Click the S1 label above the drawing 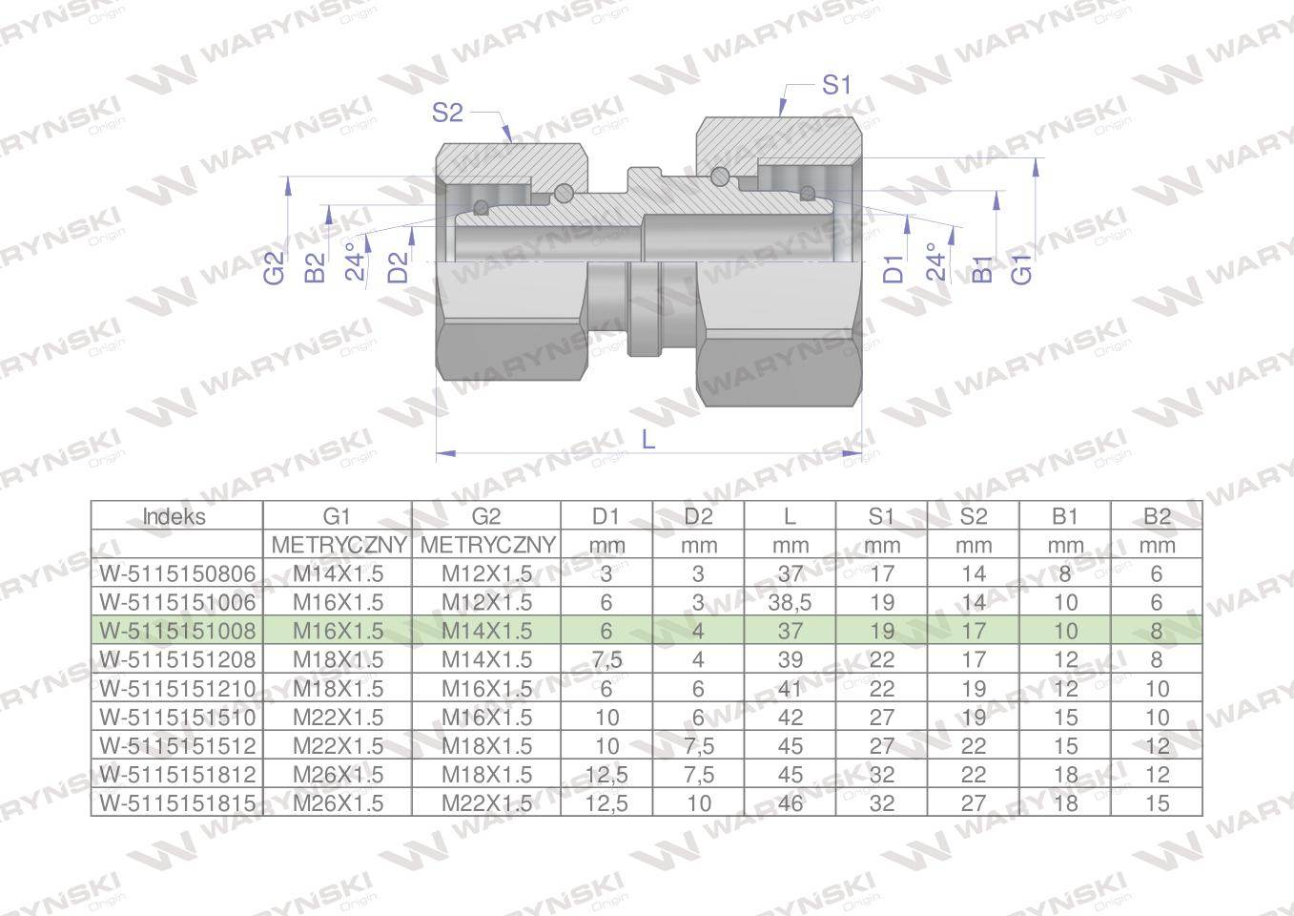click(835, 85)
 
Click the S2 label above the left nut click(446, 113)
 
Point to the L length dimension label click(648, 439)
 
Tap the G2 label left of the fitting click(275, 267)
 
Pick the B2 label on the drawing click(315, 268)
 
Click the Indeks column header click(175, 516)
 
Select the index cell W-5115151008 click(177, 631)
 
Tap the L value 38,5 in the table click(790, 602)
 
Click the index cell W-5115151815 click(177, 803)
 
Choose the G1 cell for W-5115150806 click(338, 573)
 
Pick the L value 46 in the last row click(790, 803)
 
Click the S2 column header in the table click(973, 516)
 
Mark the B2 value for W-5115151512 click(1156, 746)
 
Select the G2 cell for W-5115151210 click(486, 689)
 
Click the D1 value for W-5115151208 click(606, 659)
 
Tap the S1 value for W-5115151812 click(882, 775)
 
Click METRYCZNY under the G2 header click(486, 545)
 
